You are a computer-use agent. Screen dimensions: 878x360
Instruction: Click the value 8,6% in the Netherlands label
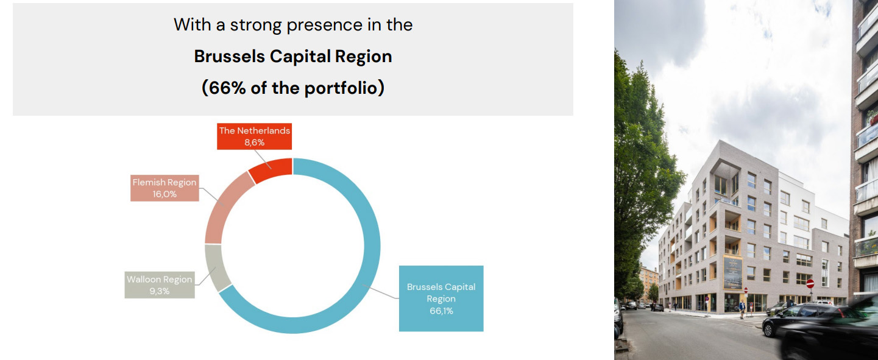point(255,142)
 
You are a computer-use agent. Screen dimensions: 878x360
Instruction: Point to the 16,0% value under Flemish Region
point(165,194)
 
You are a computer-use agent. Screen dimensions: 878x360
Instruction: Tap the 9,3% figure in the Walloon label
point(160,291)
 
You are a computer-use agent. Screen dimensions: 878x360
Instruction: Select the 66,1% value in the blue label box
point(441,311)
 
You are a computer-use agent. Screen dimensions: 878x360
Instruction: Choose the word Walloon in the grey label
point(143,280)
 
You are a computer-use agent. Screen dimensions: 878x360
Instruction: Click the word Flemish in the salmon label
point(147,182)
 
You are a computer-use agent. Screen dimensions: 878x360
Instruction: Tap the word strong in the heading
point(255,26)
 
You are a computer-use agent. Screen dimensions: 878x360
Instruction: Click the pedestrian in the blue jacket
point(742,309)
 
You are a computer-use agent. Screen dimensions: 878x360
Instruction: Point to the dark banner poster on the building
point(732,273)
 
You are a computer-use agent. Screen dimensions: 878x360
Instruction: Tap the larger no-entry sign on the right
point(810,283)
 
